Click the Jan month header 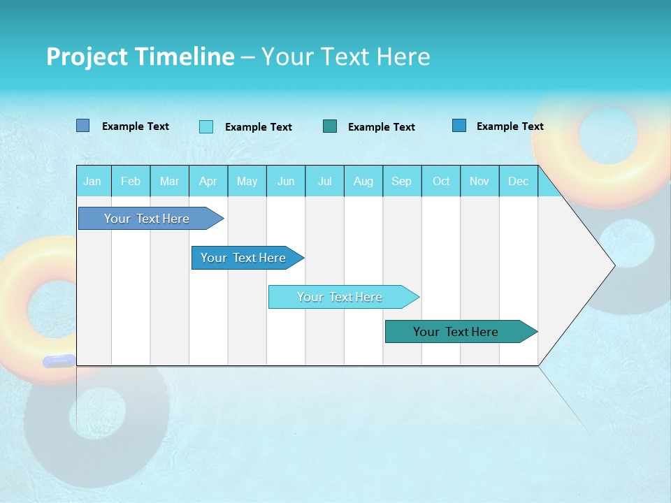coord(92,181)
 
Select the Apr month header coord(208,181)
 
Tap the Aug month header coord(363,181)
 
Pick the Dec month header coord(518,181)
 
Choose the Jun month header coord(285,181)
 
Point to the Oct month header coord(440,181)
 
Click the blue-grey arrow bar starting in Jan coord(147,219)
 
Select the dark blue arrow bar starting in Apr coord(243,258)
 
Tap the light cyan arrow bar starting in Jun coord(340,297)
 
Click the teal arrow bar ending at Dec coord(456,332)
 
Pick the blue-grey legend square coord(82,126)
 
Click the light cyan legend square coord(206,126)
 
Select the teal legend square coord(330,126)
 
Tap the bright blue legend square coord(459,125)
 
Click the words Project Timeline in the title coord(140,57)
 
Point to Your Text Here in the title coord(345,57)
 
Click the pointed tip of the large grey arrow coord(612,265)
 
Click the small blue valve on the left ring coord(59,360)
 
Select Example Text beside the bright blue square coord(510,126)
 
